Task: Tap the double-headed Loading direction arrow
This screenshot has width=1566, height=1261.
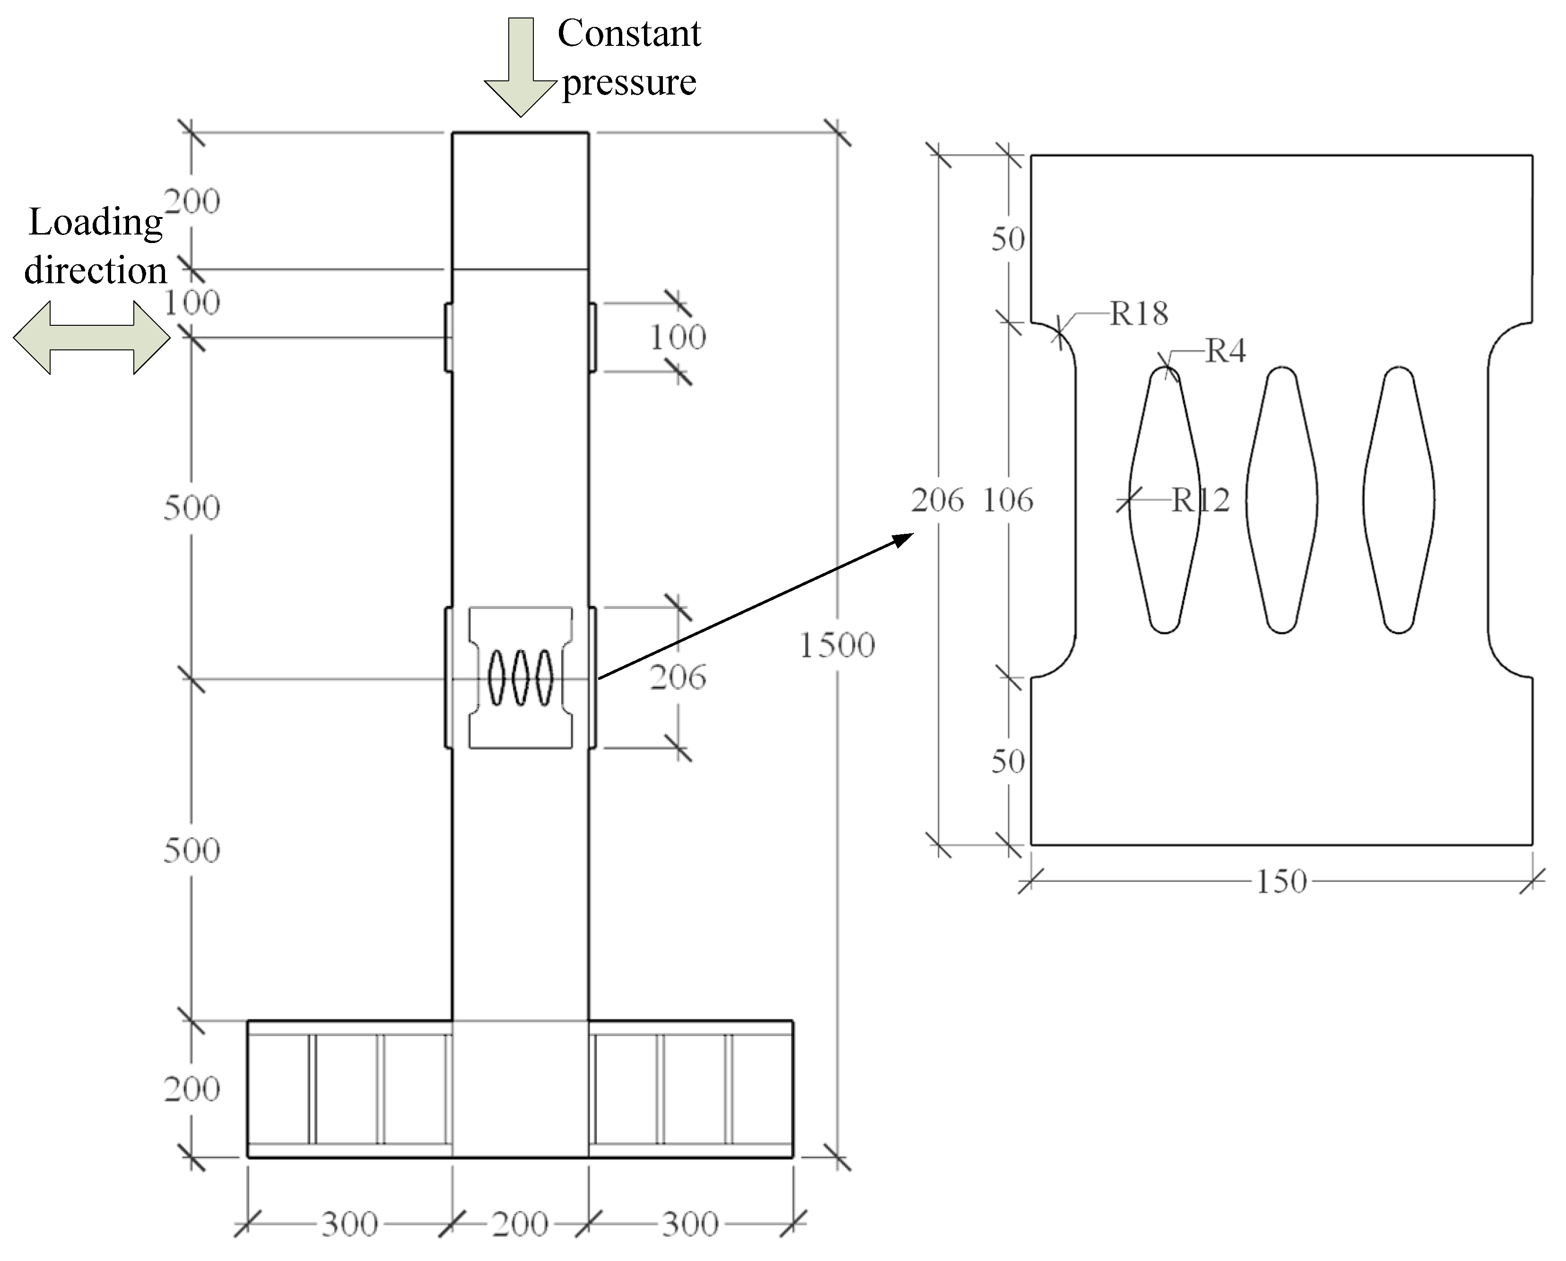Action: [x=92, y=338]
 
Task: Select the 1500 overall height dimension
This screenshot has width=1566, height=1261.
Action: [x=837, y=645]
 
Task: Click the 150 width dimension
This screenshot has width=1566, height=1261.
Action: [x=1281, y=882]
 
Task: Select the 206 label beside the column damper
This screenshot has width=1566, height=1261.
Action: [x=678, y=678]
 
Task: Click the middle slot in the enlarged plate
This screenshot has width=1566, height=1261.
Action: [x=1281, y=500]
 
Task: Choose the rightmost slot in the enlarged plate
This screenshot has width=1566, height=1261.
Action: [x=1398, y=500]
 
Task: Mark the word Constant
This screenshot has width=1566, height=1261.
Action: [x=629, y=34]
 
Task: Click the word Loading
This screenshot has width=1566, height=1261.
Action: [x=95, y=222]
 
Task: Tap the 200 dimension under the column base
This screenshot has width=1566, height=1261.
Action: [x=520, y=1225]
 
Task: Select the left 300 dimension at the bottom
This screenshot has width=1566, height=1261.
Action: [x=349, y=1225]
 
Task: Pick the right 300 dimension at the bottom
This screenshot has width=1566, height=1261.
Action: [x=690, y=1225]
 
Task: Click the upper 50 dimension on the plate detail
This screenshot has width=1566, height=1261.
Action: [x=1008, y=239]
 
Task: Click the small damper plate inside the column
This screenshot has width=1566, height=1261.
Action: [x=520, y=678]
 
